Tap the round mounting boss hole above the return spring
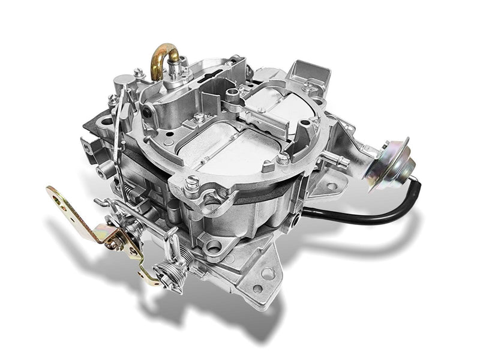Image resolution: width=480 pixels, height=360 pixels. click(x=213, y=245)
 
